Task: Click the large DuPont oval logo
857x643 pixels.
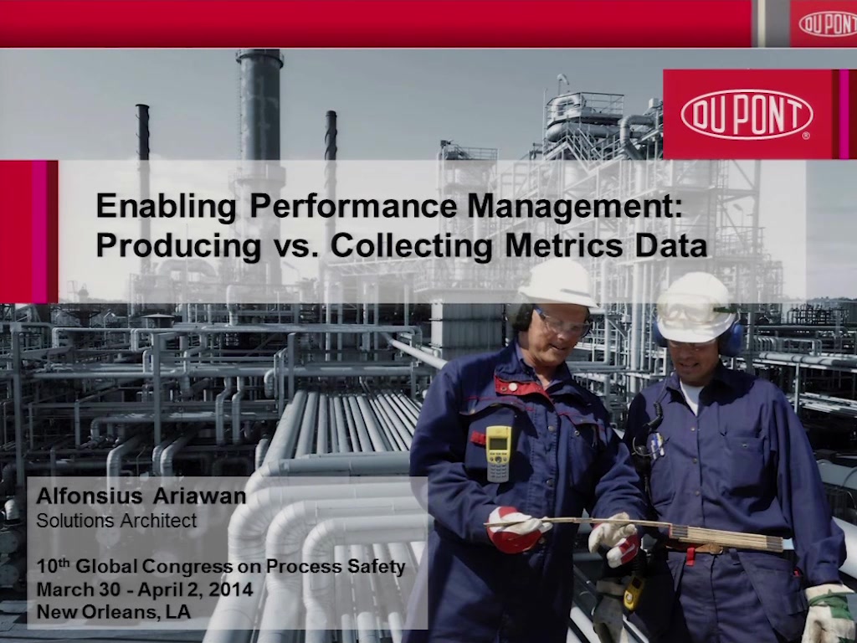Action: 747,114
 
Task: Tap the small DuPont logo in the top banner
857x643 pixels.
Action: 828,24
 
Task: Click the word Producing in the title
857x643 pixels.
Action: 178,247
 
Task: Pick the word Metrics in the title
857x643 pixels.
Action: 563,245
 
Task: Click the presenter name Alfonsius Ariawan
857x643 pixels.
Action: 141,496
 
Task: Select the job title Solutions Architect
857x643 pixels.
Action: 116,520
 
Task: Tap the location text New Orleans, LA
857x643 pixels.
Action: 114,611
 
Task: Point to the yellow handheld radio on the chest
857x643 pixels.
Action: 499,453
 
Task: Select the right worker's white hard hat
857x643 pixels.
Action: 696,307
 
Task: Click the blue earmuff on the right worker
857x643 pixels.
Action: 731,338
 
